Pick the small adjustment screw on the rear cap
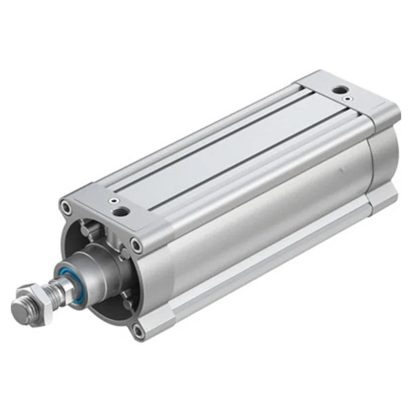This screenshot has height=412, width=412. tap(350, 98)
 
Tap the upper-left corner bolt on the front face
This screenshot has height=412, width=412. tap(65, 208)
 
